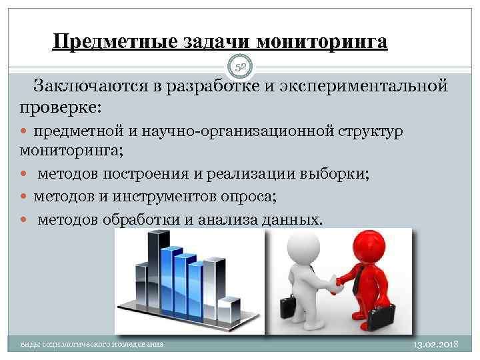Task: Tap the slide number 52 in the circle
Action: coord(240,66)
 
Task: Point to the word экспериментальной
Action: coord(370,87)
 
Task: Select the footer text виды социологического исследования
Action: coord(92,344)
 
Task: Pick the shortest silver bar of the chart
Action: coord(229,311)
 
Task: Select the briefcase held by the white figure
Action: coord(287,307)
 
